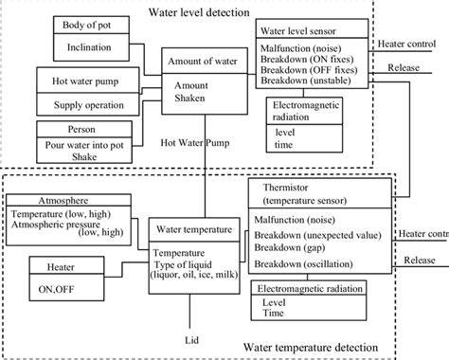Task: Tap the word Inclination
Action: tap(84, 45)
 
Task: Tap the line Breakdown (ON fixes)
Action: tap(312, 58)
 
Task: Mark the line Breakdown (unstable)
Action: tap(312, 81)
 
